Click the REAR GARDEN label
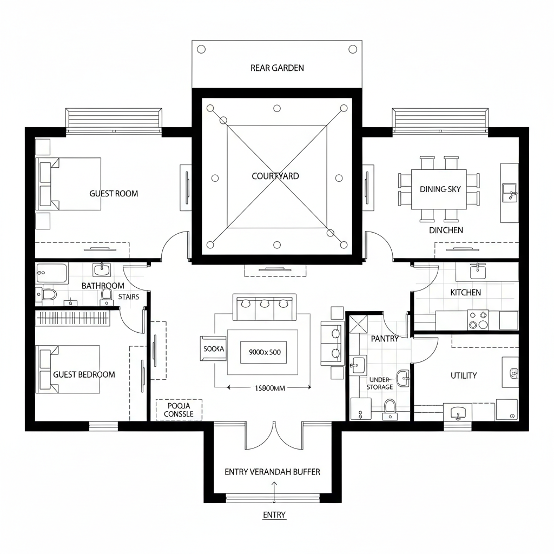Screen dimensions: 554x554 (x=277, y=68)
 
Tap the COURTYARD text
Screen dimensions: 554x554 (x=275, y=176)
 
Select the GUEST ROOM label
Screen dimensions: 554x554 (x=114, y=193)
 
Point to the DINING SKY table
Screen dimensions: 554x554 (x=439, y=189)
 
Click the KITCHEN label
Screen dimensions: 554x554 (x=465, y=292)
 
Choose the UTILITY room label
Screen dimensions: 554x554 (x=464, y=375)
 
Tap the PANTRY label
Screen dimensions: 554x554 (x=385, y=339)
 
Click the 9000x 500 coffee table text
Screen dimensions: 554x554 (x=264, y=352)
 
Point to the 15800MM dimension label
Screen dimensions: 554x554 (x=269, y=387)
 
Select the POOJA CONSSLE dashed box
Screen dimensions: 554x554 (x=179, y=410)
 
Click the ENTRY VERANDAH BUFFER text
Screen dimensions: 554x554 (x=272, y=472)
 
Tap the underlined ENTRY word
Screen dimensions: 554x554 (x=274, y=515)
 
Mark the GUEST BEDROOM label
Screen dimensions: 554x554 (x=84, y=374)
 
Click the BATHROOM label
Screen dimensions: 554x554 (x=103, y=286)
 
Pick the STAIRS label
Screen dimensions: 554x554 (x=128, y=296)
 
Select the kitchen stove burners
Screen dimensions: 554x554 (x=478, y=319)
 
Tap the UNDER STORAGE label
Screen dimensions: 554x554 (x=379, y=384)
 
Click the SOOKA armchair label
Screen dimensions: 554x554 (x=213, y=349)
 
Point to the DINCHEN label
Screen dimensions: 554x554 (x=446, y=230)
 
